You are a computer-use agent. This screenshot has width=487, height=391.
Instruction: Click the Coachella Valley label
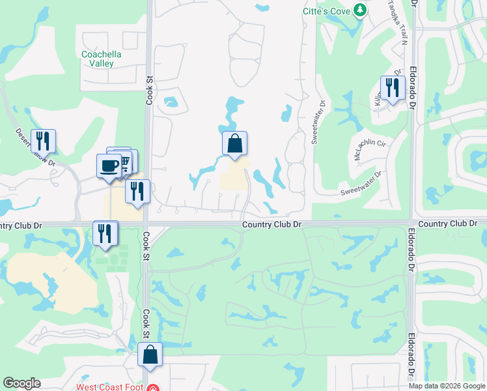click(x=98, y=59)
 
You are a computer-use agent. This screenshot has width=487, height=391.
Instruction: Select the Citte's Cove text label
click(x=326, y=11)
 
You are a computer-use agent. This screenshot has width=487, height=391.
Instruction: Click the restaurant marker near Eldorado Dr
click(x=393, y=87)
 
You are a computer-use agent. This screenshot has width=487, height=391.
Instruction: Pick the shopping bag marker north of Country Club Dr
click(x=235, y=143)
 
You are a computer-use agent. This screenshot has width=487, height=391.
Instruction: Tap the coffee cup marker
click(x=109, y=164)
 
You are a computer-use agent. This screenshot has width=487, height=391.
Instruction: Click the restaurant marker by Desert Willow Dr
click(x=43, y=140)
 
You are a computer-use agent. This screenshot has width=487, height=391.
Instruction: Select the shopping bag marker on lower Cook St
click(x=150, y=355)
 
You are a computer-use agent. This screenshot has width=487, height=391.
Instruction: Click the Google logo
click(x=21, y=383)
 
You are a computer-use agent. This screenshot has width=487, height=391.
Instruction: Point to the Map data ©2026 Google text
click(x=446, y=385)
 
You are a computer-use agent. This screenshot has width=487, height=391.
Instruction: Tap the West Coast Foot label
click(x=110, y=386)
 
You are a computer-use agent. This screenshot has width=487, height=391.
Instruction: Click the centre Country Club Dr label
click(x=271, y=224)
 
